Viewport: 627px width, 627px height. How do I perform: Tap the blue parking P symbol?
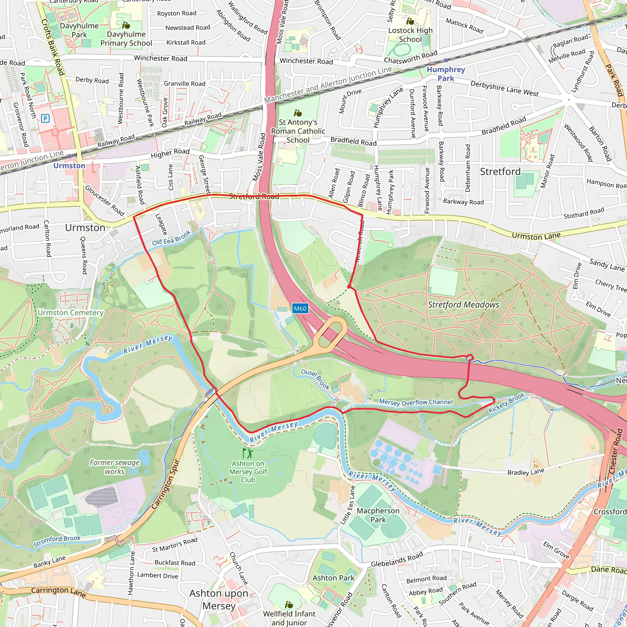45,118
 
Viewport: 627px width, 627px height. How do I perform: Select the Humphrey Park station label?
445,74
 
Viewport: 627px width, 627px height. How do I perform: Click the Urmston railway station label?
69,166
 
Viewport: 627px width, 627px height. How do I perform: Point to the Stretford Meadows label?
463,305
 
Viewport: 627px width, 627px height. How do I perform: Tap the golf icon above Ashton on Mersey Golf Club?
247,453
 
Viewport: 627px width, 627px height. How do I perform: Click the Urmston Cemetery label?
70,313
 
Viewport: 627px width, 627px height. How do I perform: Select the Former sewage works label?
115,467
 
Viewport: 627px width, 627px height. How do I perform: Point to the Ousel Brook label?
315,379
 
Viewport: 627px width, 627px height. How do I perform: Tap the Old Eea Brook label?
171,238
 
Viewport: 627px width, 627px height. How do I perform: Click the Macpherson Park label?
378,515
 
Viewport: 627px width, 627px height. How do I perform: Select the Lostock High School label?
410,35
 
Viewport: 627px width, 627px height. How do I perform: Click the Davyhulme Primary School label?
126,39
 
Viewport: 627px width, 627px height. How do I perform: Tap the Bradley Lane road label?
525,472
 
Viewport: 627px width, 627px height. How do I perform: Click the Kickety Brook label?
506,402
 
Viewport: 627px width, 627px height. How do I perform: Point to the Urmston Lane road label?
536,236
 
